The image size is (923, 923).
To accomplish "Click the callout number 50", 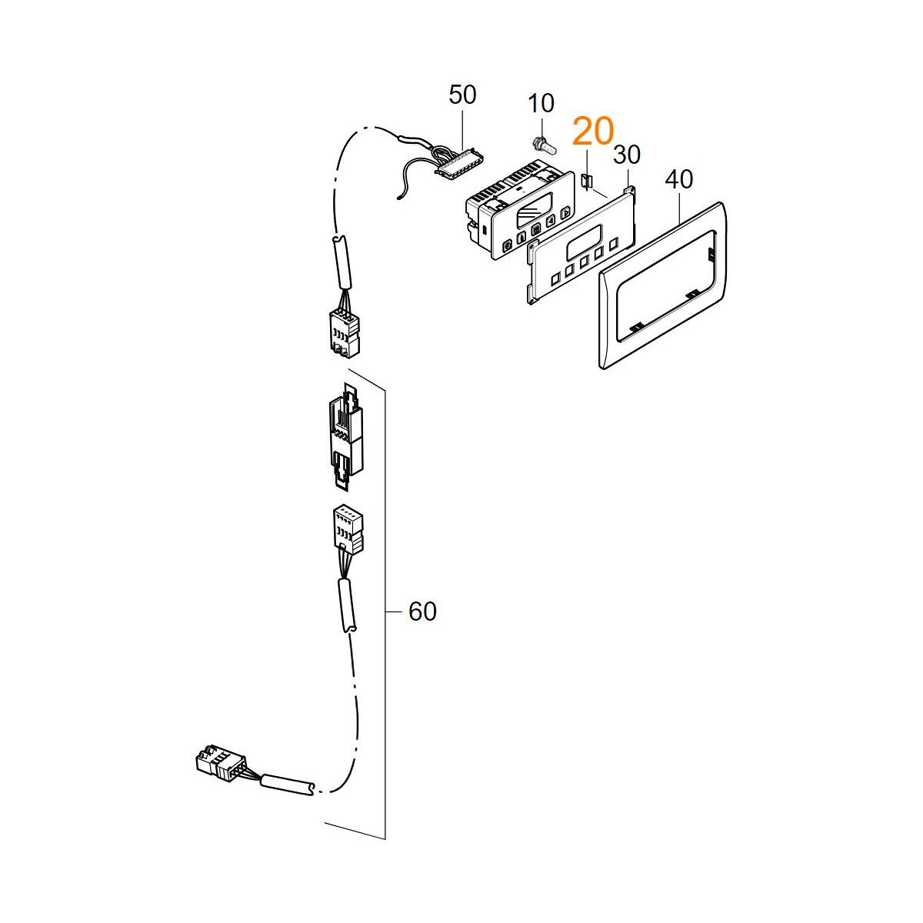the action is [462, 95].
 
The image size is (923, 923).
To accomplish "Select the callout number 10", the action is [541, 103].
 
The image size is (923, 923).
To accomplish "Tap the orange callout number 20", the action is [593, 132].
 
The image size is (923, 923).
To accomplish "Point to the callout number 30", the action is [627, 155].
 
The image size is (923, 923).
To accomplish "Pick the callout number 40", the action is [678, 180].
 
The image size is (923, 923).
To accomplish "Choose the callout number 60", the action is [422, 611].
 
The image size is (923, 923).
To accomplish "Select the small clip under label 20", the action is [587, 181].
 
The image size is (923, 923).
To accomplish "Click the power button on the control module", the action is [507, 246].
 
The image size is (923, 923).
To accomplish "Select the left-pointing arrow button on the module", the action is [551, 221].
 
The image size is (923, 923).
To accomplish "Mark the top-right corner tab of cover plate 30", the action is [631, 190].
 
